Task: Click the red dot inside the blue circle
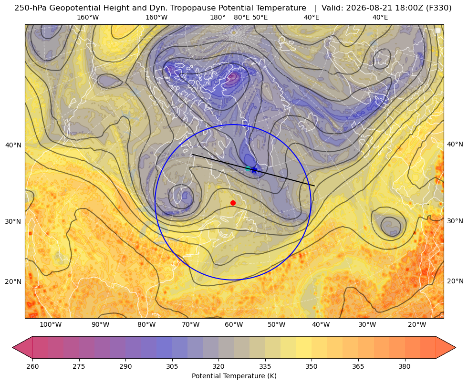(233, 203)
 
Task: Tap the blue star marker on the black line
(254, 170)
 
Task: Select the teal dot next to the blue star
(248, 168)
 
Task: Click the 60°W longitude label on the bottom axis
(234, 325)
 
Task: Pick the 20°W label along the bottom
(417, 325)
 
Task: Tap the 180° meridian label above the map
(218, 17)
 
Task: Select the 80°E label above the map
(241, 17)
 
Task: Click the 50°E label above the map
(260, 17)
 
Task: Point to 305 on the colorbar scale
(172, 366)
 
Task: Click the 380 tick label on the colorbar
(405, 366)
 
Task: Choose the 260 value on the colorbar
(32, 366)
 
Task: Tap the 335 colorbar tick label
(265, 366)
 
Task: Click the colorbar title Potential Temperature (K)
(234, 376)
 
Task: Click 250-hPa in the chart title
(31, 8)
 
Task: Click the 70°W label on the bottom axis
(191, 325)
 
